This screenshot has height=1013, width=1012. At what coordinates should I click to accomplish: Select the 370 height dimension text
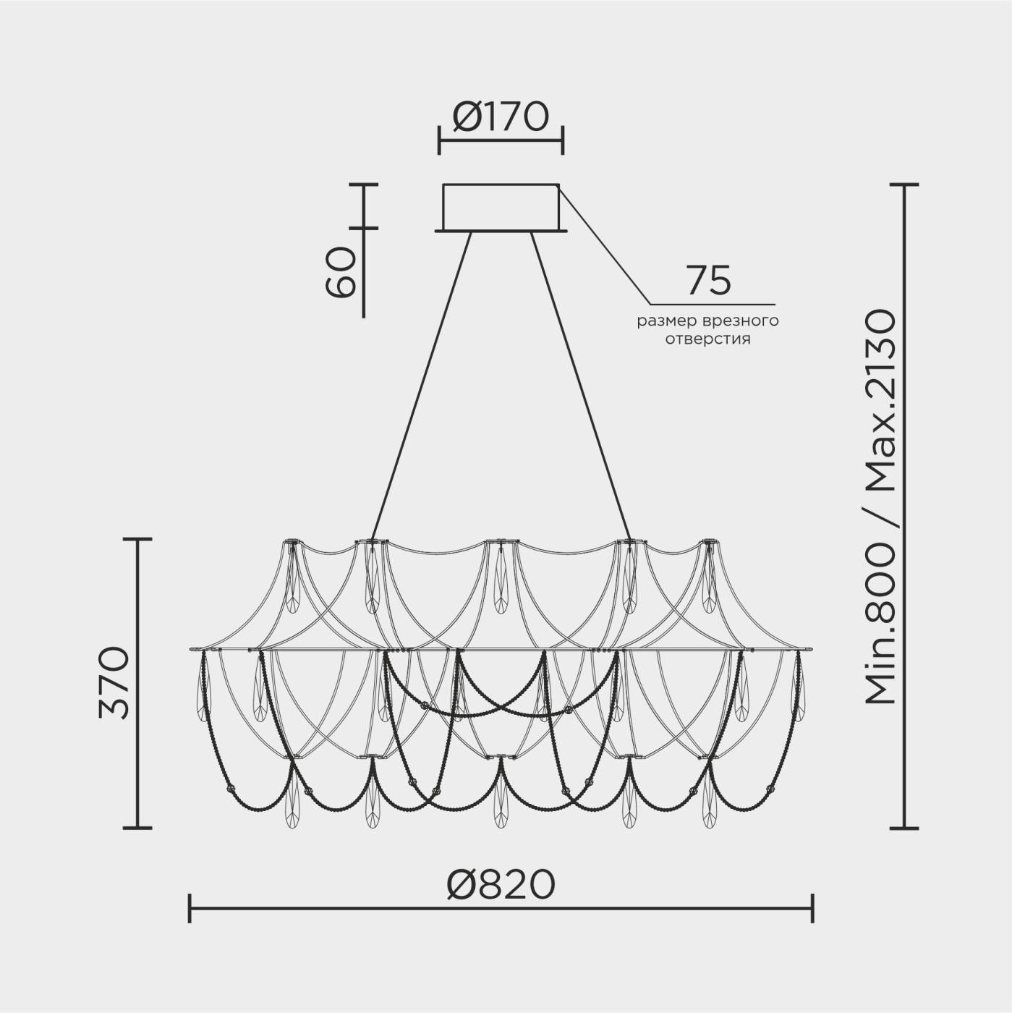click(114, 683)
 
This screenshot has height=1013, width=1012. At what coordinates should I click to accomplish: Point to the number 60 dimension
click(341, 271)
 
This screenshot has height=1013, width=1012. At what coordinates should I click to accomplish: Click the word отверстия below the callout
click(707, 339)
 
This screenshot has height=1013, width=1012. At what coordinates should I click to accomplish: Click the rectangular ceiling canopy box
click(501, 207)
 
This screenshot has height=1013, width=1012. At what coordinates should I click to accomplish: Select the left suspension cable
click(421, 386)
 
